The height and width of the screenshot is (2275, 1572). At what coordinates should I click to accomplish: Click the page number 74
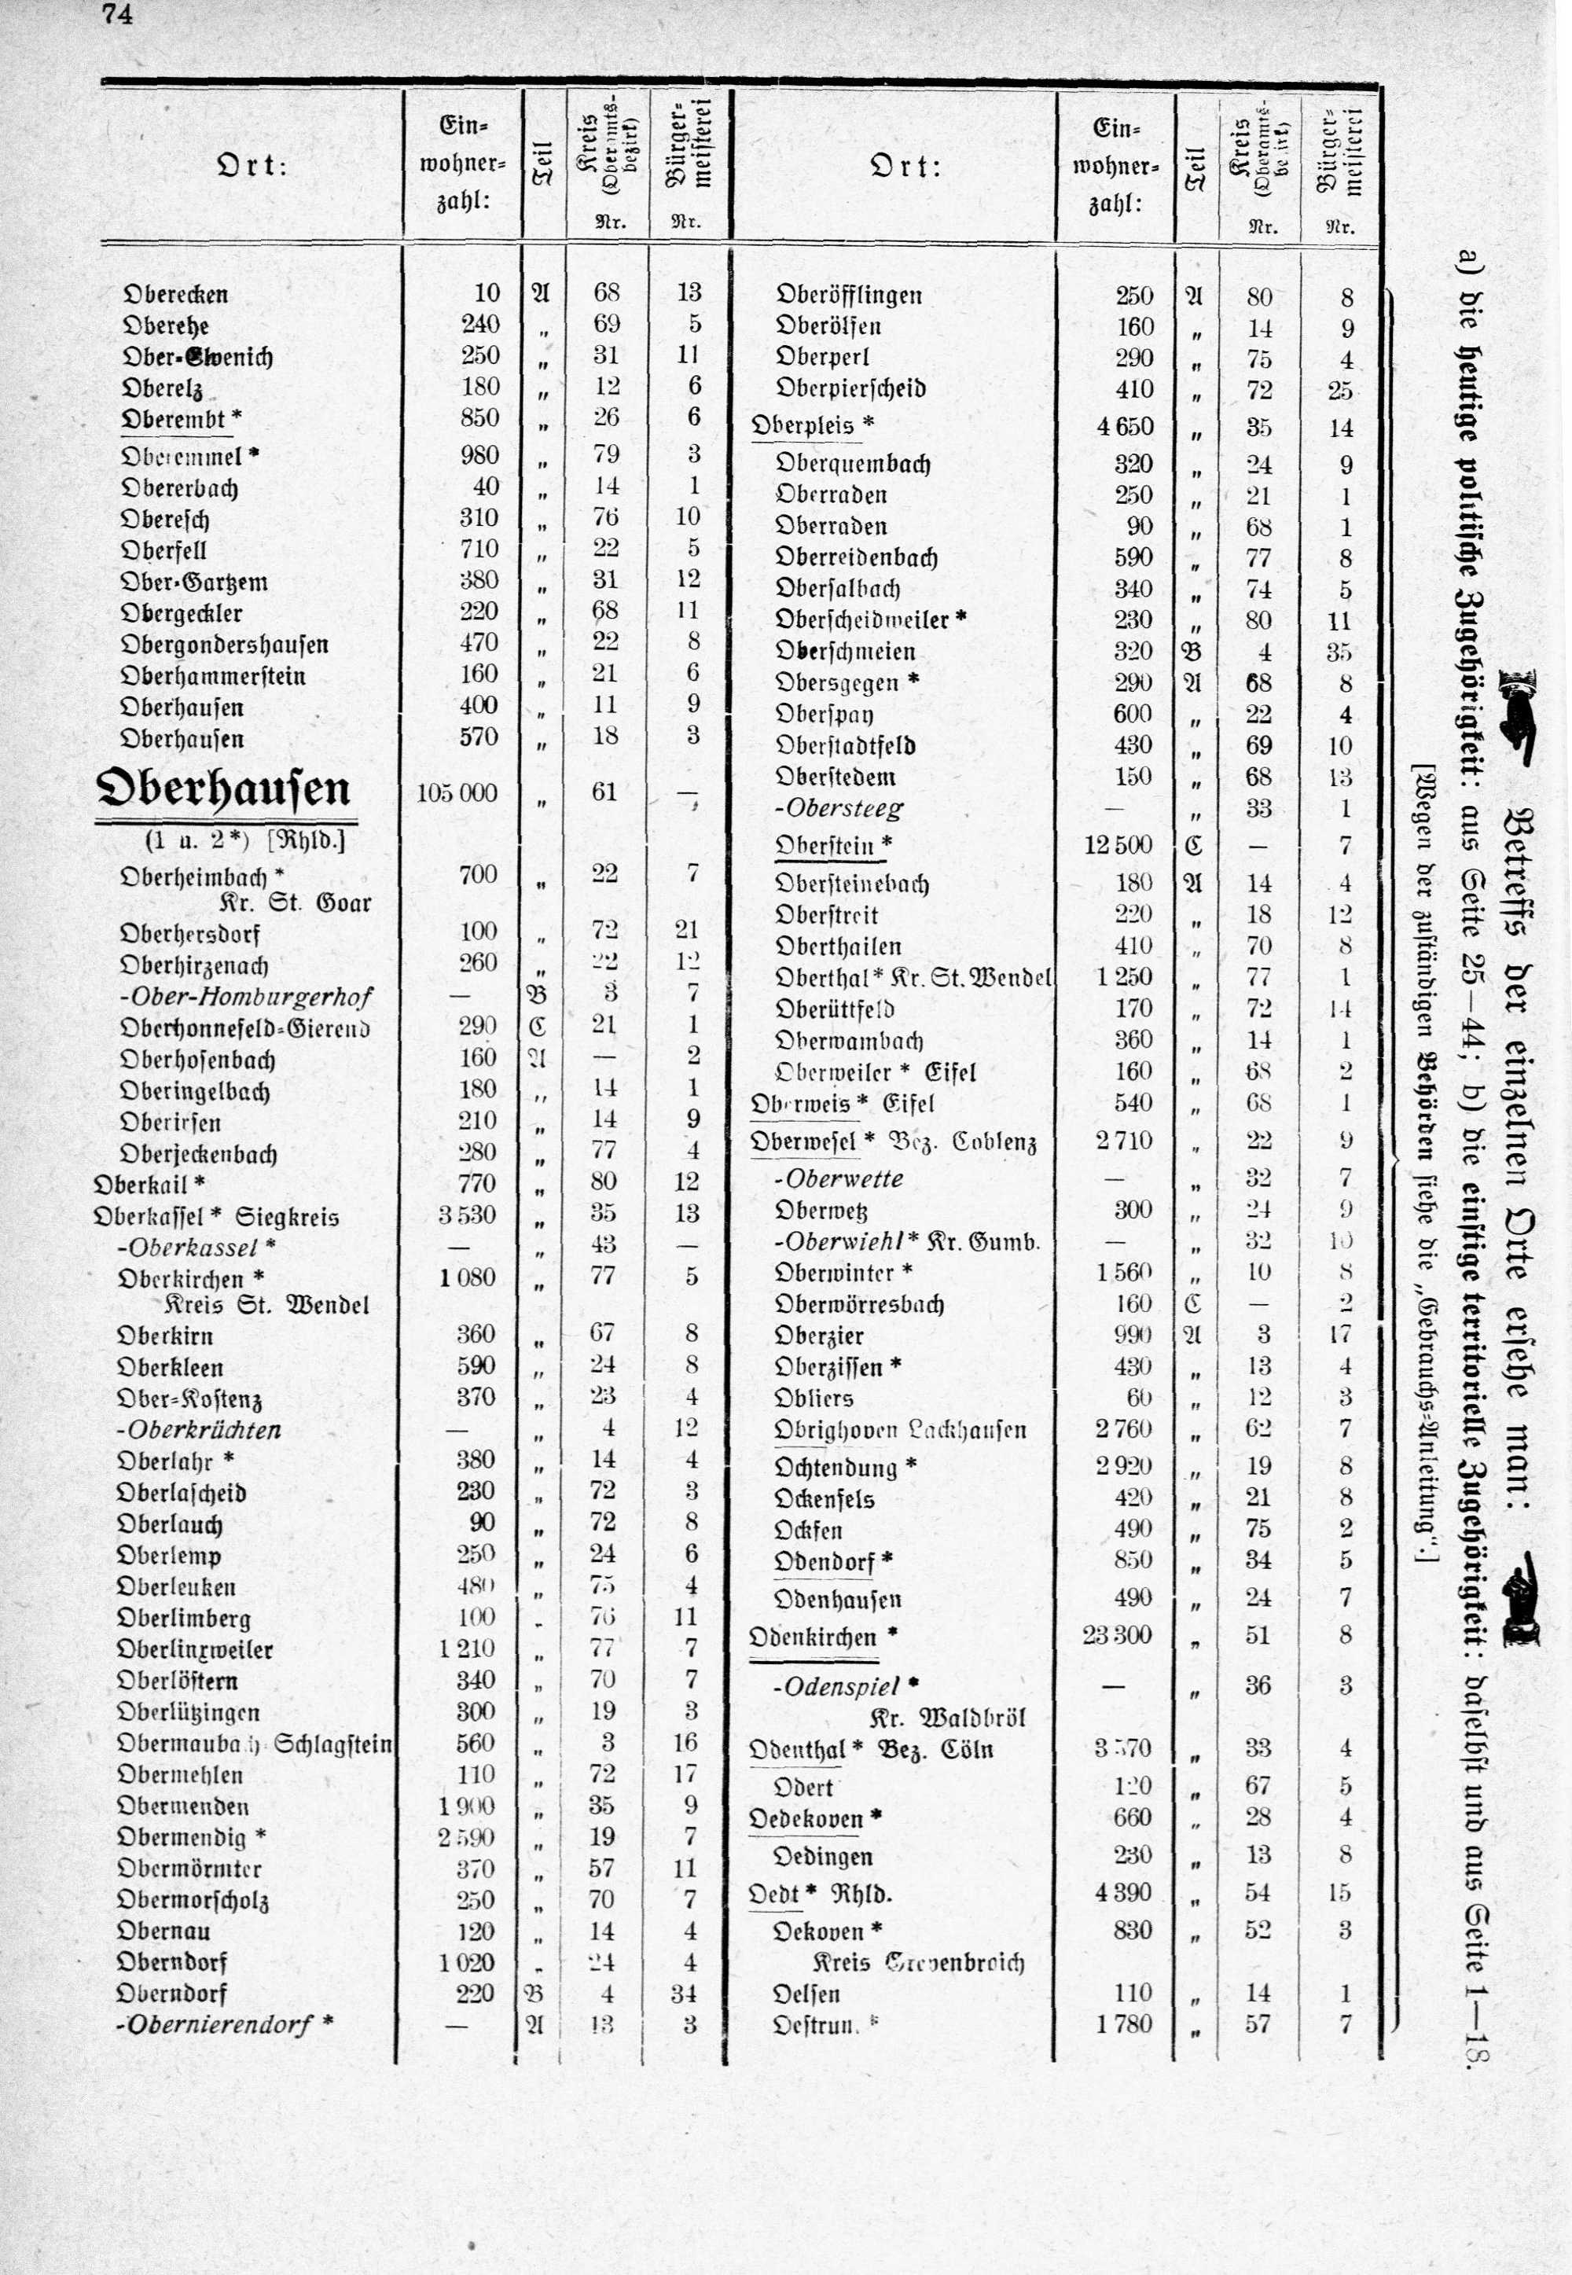(116, 16)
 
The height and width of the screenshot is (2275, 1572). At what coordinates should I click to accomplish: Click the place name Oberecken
(174, 295)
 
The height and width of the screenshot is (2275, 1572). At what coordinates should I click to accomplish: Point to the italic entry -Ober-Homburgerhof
(245, 997)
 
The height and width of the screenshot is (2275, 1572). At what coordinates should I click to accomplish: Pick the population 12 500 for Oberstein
(1118, 845)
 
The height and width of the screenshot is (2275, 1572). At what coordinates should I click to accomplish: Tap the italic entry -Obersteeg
(839, 810)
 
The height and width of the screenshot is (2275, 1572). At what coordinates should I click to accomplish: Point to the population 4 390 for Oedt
(1125, 1893)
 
